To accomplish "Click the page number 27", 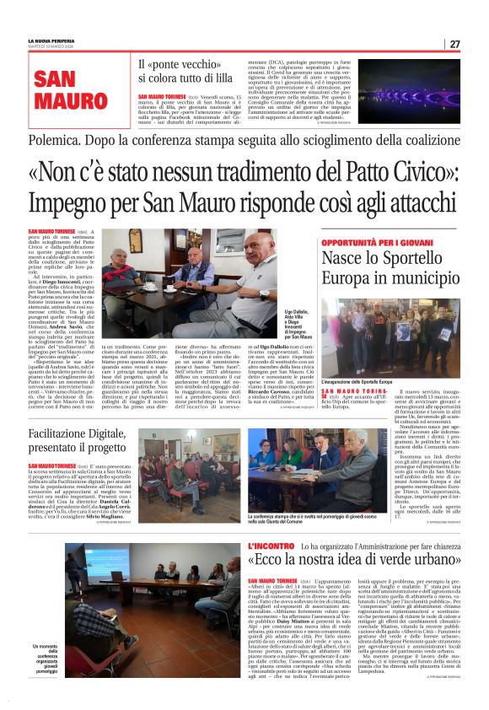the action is click(x=454, y=44).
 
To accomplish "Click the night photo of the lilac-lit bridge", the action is click(x=409, y=89).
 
